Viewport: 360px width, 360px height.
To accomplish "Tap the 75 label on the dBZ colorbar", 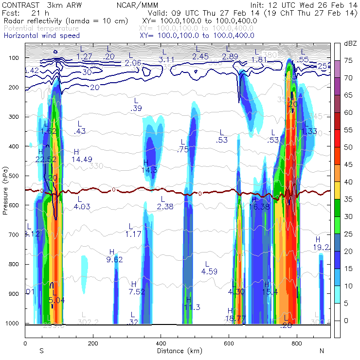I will tap(349, 61).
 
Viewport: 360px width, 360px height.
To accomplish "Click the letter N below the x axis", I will tap(321, 351).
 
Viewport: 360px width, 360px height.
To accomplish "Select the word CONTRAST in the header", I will tap(18, 5).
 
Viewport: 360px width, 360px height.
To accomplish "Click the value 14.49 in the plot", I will tap(81, 159).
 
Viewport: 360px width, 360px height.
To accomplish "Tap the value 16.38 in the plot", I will tap(259, 206).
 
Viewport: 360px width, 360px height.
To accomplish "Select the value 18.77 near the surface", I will tap(236, 318).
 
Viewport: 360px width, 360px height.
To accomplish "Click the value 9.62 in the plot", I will tap(114, 259).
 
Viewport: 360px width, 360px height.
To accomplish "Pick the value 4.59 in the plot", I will tap(209, 271).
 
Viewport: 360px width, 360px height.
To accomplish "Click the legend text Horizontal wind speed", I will tap(41, 36).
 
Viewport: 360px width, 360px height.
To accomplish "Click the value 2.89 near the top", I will tap(230, 57).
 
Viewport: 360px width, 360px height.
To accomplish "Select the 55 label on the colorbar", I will tap(349, 130).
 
